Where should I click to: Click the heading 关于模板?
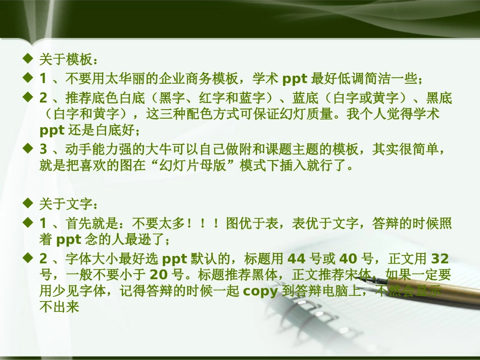click(66, 61)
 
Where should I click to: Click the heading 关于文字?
click(66, 205)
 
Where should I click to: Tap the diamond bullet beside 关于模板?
click(28, 60)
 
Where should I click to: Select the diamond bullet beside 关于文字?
click(28, 204)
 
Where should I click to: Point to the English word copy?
click(260, 292)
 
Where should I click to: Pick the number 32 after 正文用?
click(440, 260)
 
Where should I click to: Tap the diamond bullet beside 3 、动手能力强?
click(28, 149)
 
